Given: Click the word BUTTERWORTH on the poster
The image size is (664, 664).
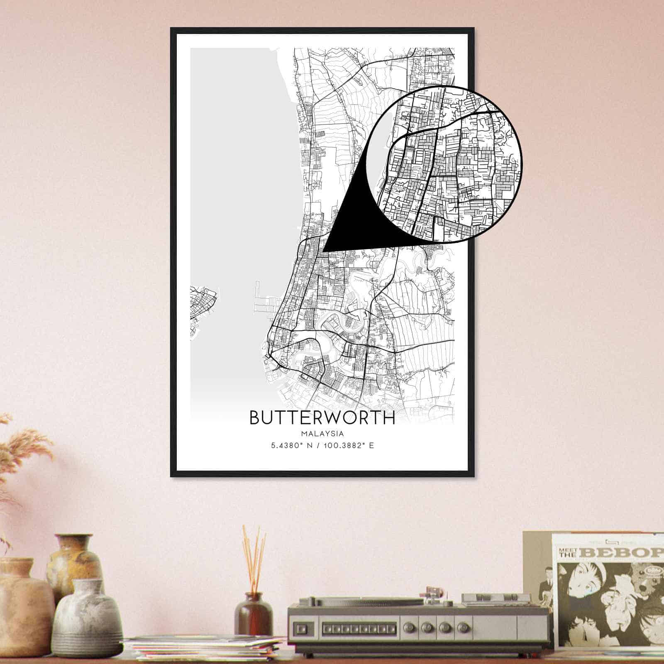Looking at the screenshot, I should [x=322, y=418].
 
